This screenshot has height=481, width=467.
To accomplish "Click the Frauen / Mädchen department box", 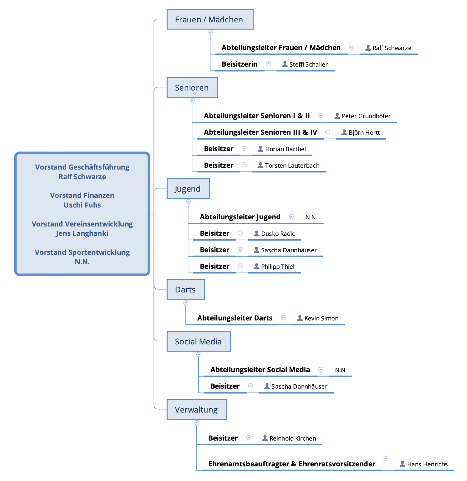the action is [x=210, y=19].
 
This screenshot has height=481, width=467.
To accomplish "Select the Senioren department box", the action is [x=192, y=87].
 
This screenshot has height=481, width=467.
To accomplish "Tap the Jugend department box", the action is [x=188, y=189].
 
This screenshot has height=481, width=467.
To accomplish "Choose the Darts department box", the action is [x=186, y=289].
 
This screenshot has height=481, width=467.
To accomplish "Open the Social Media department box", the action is [x=199, y=341].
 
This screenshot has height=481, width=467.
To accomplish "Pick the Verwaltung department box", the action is [x=196, y=409].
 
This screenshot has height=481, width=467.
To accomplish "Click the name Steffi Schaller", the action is [x=309, y=64].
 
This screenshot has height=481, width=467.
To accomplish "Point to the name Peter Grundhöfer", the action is [x=366, y=116].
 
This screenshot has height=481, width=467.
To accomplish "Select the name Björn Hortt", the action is [x=364, y=133].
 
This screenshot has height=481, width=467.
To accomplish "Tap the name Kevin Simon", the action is [x=321, y=318].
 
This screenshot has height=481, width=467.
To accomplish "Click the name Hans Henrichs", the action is [x=427, y=464].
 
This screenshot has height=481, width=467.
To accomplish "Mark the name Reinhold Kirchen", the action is [x=293, y=438].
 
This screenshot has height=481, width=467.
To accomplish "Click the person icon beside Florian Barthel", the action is [x=261, y=149].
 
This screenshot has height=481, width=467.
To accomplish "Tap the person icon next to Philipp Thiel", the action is [x=257, y=266].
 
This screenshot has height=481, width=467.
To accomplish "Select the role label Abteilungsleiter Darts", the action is [x=235, y=318].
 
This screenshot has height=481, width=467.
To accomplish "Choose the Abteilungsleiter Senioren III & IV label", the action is [x=260, y=132].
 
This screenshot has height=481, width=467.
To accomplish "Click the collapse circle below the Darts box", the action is [x=186, y=303].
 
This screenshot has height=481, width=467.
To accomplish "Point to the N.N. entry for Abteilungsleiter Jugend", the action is [x=311, y=217].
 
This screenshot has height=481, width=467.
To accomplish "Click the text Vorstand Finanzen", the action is [x=82, y=195].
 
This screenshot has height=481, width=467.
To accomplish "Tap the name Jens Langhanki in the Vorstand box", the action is [x=82, y=233].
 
